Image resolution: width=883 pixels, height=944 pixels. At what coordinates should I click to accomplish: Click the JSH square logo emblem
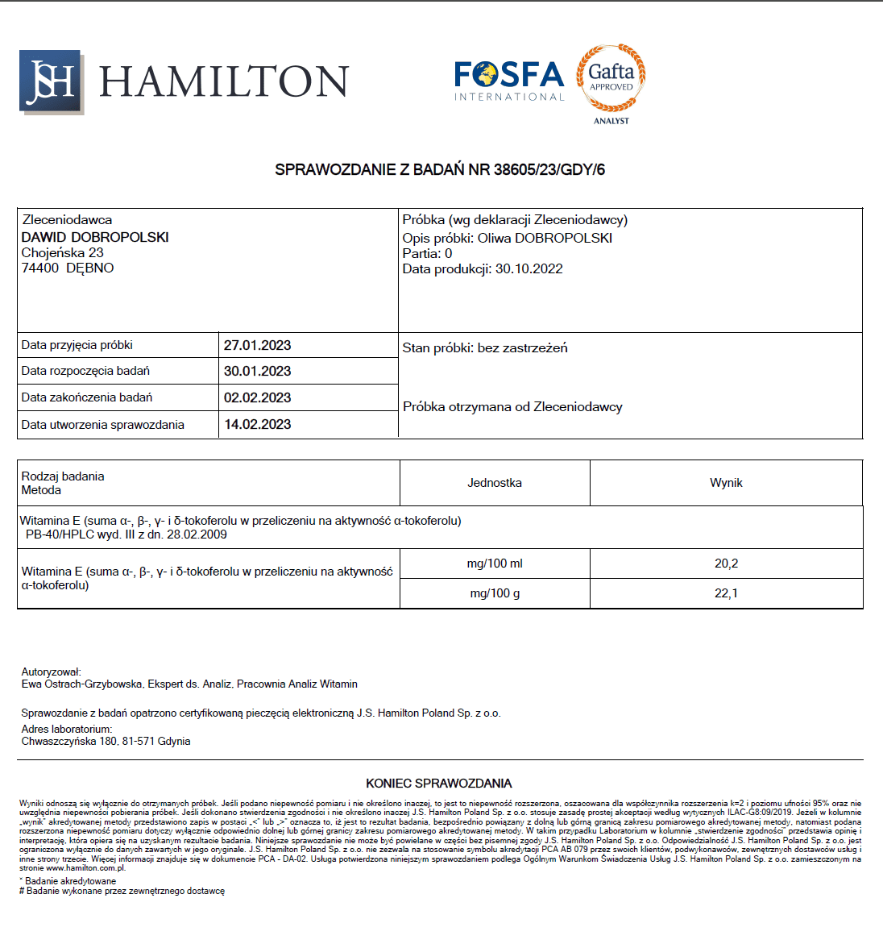point(51,81)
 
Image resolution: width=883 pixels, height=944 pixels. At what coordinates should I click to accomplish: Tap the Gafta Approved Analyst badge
point(611,83)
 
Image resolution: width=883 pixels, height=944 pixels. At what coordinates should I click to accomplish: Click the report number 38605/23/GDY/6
point(549,170)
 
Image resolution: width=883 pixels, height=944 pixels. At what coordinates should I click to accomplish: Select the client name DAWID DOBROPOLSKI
point(95,237)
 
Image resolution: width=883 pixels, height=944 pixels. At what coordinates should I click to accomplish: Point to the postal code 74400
point(40,268)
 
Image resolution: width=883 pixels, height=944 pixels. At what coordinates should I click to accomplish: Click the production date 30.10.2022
point(529,269)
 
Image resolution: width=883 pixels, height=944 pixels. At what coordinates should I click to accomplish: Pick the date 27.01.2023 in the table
point(257,345)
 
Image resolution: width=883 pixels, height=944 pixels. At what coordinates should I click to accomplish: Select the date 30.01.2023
point(257,371)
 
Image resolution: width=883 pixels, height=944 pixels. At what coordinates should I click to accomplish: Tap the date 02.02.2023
point(257,397)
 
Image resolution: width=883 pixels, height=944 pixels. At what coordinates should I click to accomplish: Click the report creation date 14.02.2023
point(257,424)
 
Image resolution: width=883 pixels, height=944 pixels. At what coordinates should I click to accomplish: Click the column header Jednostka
point(495,483)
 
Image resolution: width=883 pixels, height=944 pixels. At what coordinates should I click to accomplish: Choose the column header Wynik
point(726,483)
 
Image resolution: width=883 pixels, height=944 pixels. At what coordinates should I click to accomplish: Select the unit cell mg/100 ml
point(495,563)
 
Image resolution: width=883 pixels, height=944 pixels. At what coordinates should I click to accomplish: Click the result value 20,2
point(726,563)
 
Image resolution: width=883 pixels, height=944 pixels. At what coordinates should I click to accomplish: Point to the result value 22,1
point(726,593)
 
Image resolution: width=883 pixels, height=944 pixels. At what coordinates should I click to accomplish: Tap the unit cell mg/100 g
point(495,593)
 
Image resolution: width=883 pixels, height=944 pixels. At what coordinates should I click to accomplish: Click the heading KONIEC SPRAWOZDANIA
point(439,784)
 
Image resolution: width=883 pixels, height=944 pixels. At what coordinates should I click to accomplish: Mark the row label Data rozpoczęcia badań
point(85,371)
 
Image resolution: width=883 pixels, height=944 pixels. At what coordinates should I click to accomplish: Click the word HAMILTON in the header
point(224,81)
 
